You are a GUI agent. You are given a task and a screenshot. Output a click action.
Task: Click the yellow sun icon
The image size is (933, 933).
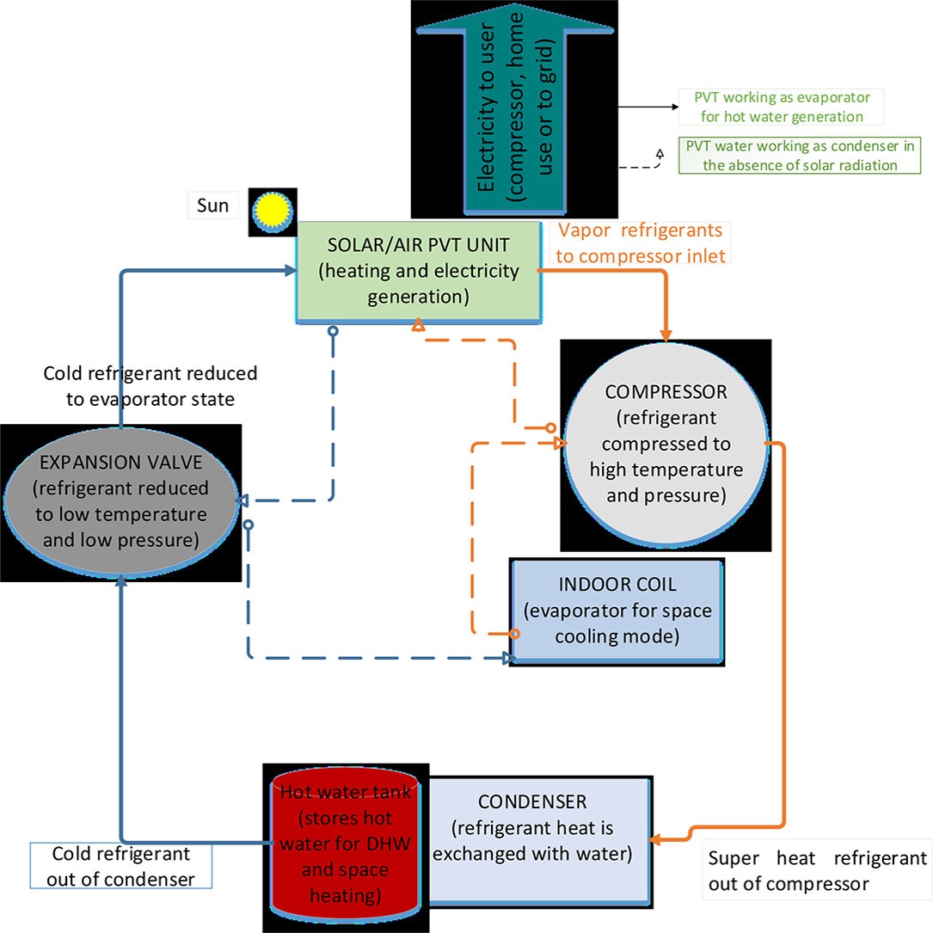[x=273, y=212]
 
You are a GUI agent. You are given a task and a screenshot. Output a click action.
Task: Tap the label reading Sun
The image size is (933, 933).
[x=212, y=206]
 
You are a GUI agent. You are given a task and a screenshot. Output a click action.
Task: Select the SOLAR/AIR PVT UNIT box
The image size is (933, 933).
[x=419, y=273]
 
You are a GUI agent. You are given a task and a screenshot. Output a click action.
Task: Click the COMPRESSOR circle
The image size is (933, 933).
[x=666, y=444]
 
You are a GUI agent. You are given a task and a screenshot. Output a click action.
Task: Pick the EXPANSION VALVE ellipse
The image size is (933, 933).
[x=120, y=501]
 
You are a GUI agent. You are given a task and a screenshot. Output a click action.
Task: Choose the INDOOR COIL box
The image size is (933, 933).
[x=617, y=611]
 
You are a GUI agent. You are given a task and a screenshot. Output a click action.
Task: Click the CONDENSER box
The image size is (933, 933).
[x=539, y=841]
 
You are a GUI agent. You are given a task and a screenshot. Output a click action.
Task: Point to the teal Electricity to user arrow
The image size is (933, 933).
[x=515, y=108]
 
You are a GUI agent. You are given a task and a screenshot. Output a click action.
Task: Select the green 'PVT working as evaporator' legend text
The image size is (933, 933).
[x=782, y=107]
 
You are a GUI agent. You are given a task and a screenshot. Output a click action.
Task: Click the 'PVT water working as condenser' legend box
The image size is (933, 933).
[x=800, y=156]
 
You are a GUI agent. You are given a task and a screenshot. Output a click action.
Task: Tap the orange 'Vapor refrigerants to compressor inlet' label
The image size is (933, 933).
[x=641, y=242]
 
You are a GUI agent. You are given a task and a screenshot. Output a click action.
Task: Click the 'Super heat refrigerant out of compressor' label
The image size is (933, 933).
[x=817, y=870]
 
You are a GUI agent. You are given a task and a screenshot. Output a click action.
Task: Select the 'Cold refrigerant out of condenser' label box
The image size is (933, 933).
[x=120, y=866]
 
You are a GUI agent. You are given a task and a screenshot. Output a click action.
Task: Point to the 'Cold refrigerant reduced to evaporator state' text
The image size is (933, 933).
[x=150, y=385]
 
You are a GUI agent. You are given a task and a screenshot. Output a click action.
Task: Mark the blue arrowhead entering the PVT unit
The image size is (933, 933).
[x=291, y=271]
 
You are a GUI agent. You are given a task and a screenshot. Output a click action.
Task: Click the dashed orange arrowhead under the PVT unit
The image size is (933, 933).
[x=418, y=325]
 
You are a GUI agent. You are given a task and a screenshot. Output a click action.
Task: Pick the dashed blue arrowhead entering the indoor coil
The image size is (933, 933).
[x=508, y=658]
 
